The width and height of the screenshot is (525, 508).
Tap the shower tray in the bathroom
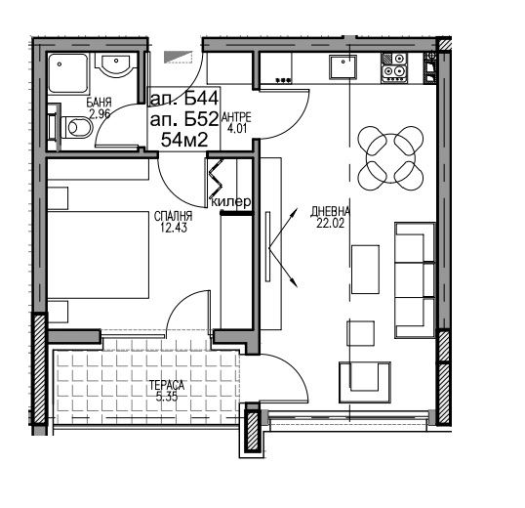pyautogui.click(x=68, y=72)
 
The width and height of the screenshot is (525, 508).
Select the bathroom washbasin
pyautogui.click(x=116, y=64)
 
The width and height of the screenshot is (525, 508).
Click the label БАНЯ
pyautogui.click(x=99, y=103)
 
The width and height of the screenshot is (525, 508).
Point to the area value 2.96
pyautogui.click(x=100, y=114)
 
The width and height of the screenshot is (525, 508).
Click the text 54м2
pyautogui.click(x=184, y=140)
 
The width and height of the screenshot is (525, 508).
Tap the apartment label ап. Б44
pyautogui.click(x=184, y=99)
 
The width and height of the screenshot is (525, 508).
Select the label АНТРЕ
pyautogui.click(x=236, y=117)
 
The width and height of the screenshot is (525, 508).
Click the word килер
pyautogui.click(x=231, y=201)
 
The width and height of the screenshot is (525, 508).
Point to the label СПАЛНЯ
pyautogui.click(x=173, y=216)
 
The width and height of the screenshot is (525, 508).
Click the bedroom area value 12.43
pyautogui.click(x=173, y=228)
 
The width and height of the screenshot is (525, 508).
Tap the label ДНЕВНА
pyautogui.click(x=330, y=211)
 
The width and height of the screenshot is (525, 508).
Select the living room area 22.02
pyautogui.click(x=330, y=223)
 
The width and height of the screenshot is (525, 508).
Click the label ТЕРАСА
pyautogui.click(x=167, y=385)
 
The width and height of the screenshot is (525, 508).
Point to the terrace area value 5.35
pyautogui.click(x=167, y=397)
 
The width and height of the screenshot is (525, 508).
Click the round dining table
pyautogui.click(x=390, y=158)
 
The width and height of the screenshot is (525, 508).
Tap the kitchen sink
pyautogui.click(x=343, y=67)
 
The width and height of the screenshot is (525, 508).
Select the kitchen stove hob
pyautogui.click(x=394, y=67)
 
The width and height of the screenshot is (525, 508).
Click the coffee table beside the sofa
pyautogui.click(x=365, y=269)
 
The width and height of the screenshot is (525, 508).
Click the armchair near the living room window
pyautogui.click(x=365, y=382)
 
